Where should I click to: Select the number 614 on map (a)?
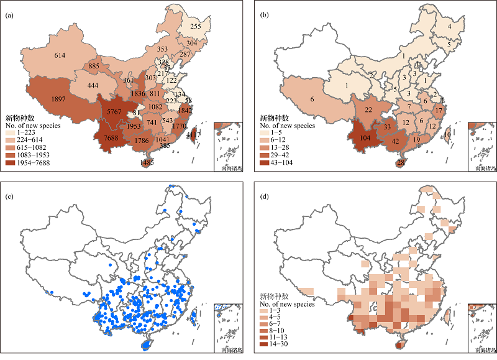(60, 55)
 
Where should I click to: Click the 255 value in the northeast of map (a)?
(195, 27)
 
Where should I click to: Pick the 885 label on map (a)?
(94, 66)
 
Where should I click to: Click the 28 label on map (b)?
(401, 163)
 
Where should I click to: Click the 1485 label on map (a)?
(147, 163)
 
